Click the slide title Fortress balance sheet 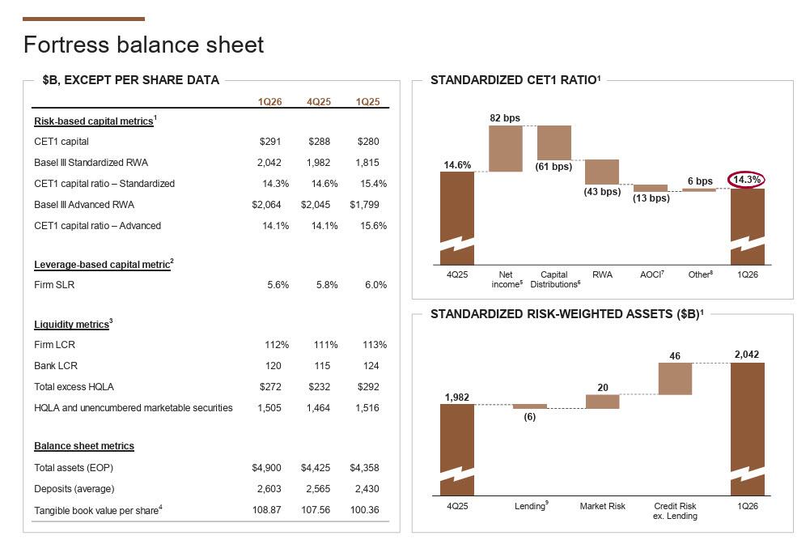(x=143, y=45)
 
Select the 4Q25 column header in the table (x=319, y=102)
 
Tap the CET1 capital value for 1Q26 (x=270, y=142)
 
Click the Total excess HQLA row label (x=74, y=387)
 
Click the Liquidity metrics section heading (x=71, y=325)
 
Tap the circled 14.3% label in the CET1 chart (x=747, y=180)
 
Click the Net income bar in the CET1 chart (x=506, y=148)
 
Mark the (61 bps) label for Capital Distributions (x=553, y=167)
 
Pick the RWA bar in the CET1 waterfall (x=602, y=172)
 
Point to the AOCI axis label (x=651, y=275)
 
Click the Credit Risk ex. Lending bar (x=675, y=378)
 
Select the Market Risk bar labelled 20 (x=602, y=402)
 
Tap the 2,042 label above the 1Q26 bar (x=747, y=355)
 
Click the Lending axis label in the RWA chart (x=531, y=506)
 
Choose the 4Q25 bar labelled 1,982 (x=457, y=449)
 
